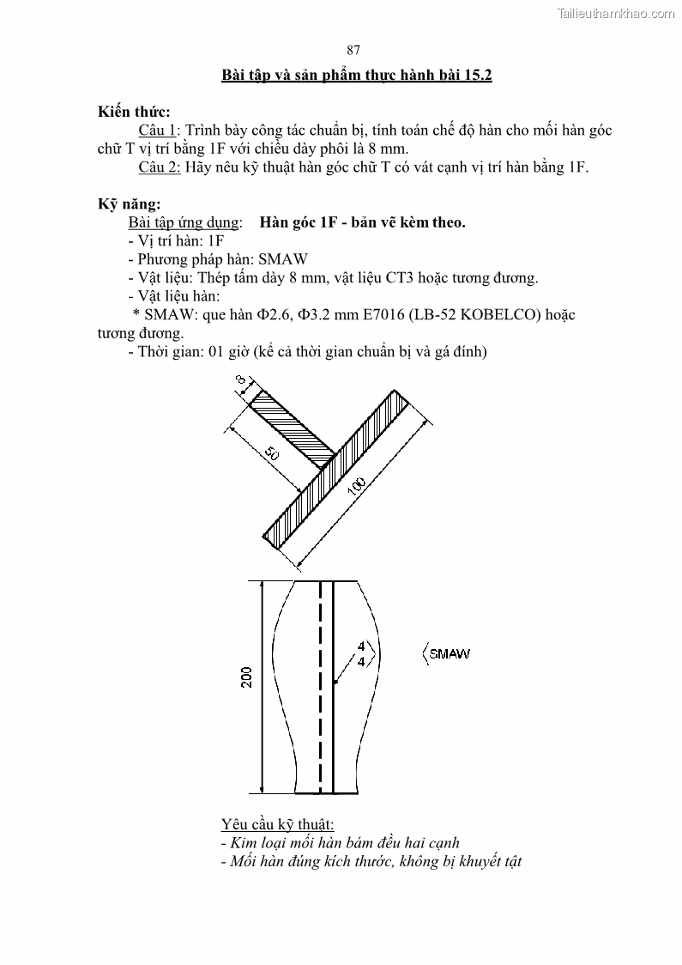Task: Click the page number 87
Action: pyautogui.click(x=353, y=50)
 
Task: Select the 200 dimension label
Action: pyautogui.click(x=247, y=677)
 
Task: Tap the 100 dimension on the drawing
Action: pyautogui.click(x=358, y=486)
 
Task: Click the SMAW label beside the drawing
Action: pyautogui.click(x=450, y=654)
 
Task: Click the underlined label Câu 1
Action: pyautogui.click(x=157, y=130)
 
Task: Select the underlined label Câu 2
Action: pyautogui.click(x=159, y=167)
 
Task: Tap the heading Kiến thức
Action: pyautogui.click(x=134, y=112)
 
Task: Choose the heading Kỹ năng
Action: pyautogui.click(x=129, y=204)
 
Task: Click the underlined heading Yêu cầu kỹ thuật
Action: pyautogui.click(x=277, y=824)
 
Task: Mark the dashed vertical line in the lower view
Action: pyautogui.click(x=321, y=687)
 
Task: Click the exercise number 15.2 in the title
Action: pyautogui.click(x=474, y=76)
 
